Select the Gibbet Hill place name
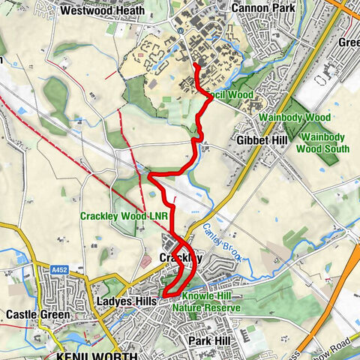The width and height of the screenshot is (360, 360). pos(259,140)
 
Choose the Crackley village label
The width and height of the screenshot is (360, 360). pos(181,257)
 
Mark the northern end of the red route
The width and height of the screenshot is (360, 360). pos(195,65)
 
